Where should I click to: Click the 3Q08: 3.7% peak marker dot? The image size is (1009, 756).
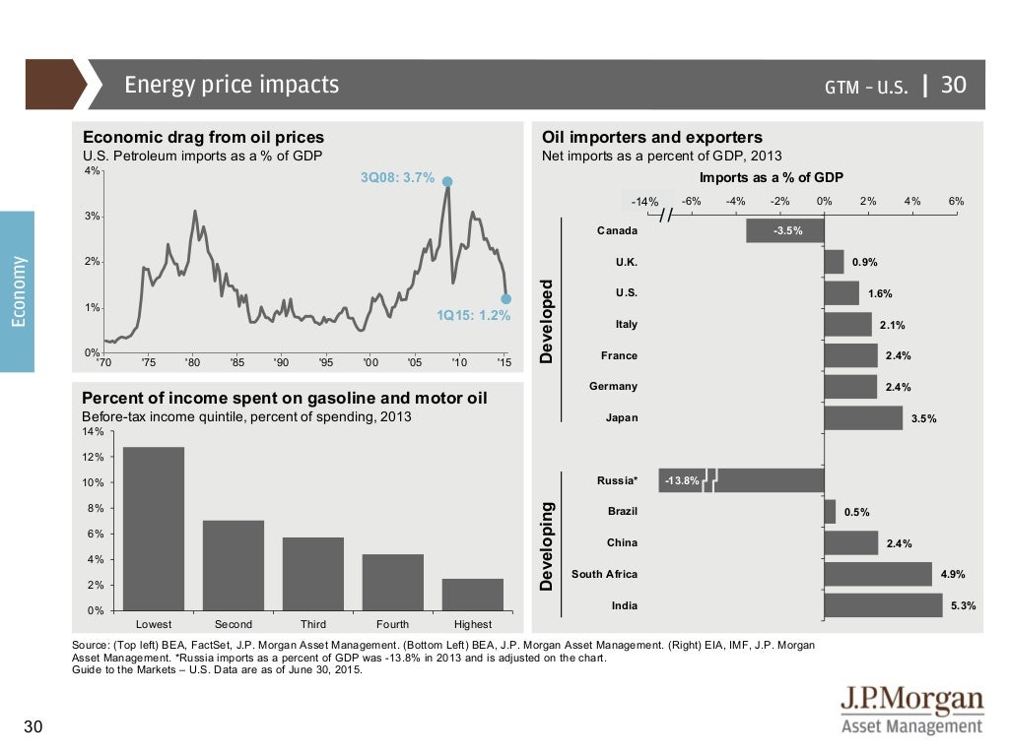click(447, 181)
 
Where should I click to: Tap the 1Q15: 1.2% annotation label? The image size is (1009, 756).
click(474, 316)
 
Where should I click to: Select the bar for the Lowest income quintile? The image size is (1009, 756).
click(154, 529)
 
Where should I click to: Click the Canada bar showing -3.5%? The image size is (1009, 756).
click(784, 230)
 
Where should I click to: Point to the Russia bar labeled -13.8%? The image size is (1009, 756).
click(739, 480)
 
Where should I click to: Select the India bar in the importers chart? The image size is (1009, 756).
click(883, 605)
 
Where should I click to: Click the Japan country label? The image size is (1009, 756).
click(621, 417)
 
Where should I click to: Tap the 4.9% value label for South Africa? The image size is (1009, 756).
click(953, 575)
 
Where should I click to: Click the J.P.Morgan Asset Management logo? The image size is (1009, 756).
click(910, 712)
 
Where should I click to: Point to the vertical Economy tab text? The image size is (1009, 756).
click(18, 291)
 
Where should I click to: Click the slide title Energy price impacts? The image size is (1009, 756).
click(232, 85)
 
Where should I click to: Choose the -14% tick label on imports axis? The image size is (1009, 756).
click(645, 202)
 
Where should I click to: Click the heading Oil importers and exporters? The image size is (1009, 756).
click(652, 138)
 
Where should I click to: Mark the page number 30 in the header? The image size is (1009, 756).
click(954, 86)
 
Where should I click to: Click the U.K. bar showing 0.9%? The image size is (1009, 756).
click(834, 262)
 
